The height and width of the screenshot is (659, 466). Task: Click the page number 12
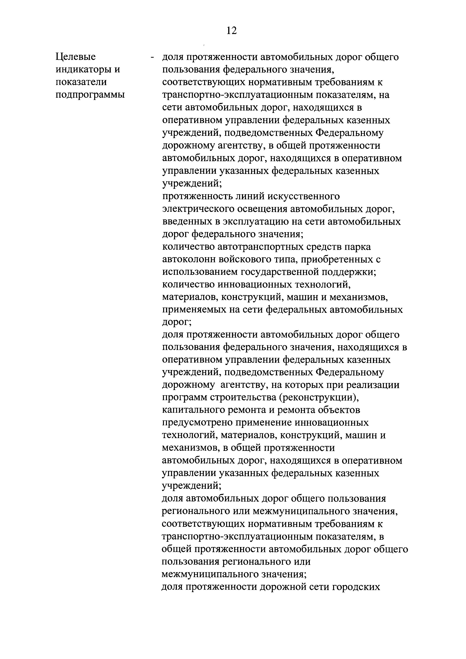(x=231, y=30)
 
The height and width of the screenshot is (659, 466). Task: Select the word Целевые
(x=76, y=57)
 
